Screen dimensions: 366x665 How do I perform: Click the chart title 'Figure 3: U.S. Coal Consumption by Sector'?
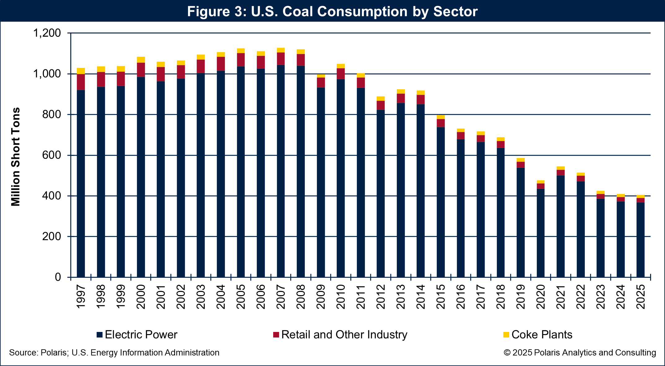pos(332,11)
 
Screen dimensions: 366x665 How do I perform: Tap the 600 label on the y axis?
pos(52,155)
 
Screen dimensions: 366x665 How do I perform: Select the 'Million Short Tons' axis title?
pos(15,157)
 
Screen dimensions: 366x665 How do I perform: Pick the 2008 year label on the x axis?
pos(301,297)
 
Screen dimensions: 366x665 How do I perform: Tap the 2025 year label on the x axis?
pos(641,297)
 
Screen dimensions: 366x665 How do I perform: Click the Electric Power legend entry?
pos(137,335)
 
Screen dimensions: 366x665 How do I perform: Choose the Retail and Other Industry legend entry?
pos(340,335)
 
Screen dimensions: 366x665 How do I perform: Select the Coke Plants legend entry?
pos(537,335)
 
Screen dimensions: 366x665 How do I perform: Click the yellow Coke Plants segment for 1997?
pos(81,71)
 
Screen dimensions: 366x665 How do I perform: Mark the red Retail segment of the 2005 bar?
pos(241,60)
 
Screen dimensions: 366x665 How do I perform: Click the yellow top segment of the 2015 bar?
pos(441,117)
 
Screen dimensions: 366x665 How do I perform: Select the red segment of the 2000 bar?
pos(141,70)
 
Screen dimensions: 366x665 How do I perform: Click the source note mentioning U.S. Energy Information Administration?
pos(114,353)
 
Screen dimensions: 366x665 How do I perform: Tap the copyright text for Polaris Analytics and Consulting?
pos(580,353)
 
